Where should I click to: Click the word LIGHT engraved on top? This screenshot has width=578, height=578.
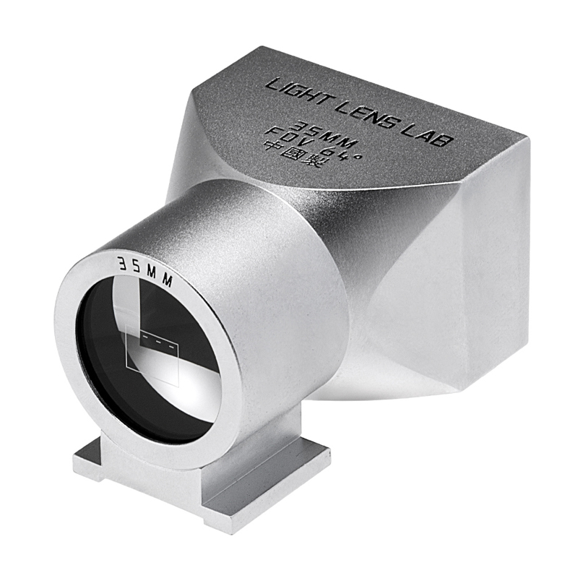[x=300, y=96]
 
